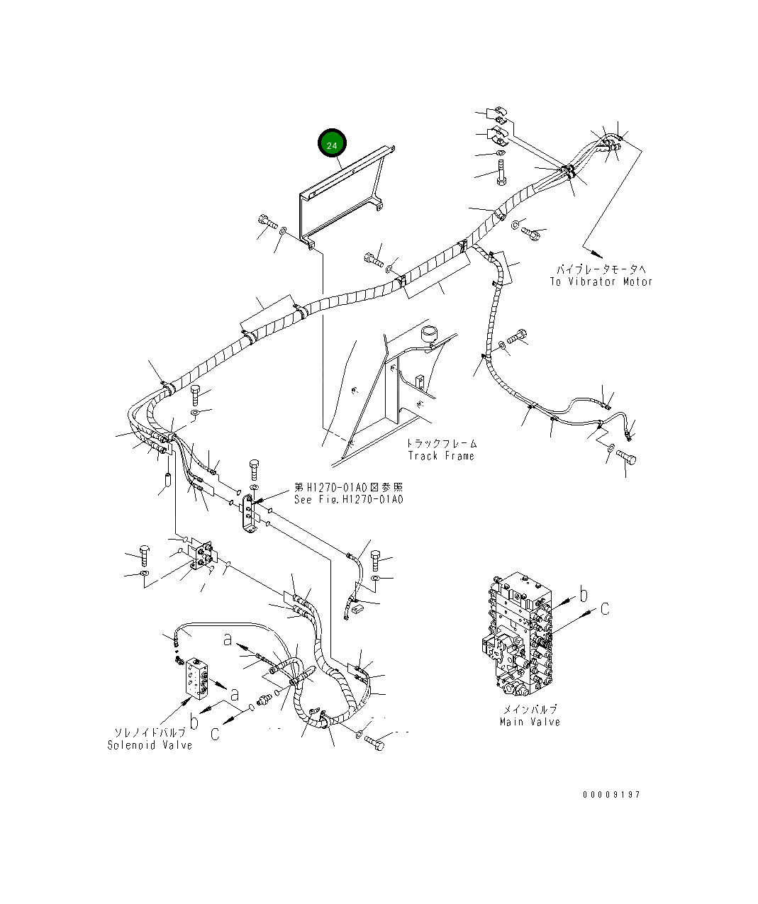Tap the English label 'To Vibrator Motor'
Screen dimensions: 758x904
[x=601, y=282]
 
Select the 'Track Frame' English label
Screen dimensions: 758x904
[x=441, y=456]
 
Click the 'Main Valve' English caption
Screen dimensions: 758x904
[x=530, y=722]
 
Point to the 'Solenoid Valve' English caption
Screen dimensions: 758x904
[x=150, y=745]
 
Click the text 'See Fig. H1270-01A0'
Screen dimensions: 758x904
[x=349, y=499]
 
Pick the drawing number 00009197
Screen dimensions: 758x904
[x=611, y=795]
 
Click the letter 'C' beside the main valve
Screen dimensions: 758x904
[x=605, y=609]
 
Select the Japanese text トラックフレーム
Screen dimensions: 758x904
[x=442, y=443]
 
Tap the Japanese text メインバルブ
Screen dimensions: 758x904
[x=530, y=709]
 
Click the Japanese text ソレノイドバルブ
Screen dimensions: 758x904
[x=150, y=732]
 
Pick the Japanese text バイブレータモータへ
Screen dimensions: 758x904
[x=601, y=269]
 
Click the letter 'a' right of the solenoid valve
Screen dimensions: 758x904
[x=234, y=694]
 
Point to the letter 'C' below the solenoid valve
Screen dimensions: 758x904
[x=216, y=733]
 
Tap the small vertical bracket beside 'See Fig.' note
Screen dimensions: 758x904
[x=248, y=514]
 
